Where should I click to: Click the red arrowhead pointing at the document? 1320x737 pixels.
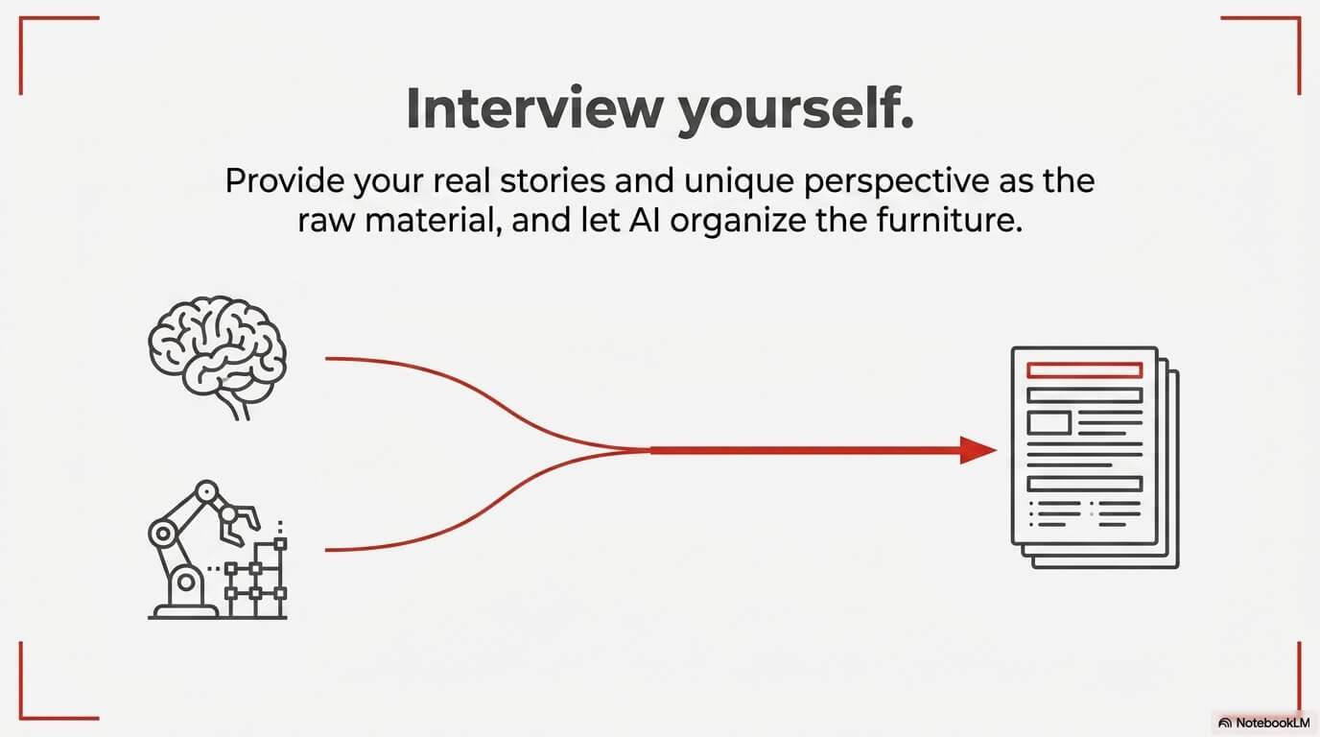point(978,449)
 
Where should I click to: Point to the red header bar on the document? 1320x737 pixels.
point(1084,369)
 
